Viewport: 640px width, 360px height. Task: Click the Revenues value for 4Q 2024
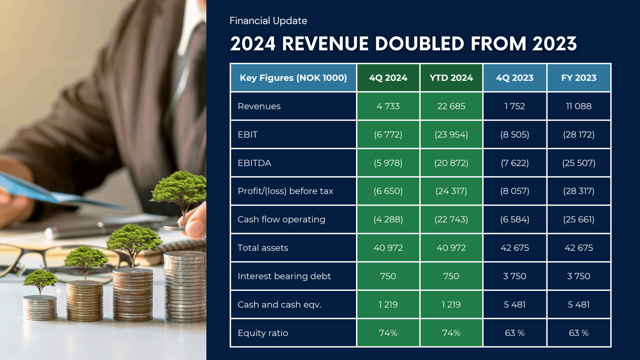coord(388,106)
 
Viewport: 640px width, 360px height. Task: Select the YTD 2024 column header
coord(451,78)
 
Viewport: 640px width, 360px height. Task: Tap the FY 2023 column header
coord(578,78)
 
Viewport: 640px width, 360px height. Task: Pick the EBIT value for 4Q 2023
coord(514,135)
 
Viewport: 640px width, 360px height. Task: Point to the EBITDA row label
coord(254,163)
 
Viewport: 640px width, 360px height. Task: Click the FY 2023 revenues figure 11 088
coord(578,106)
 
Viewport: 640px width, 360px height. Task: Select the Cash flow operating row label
coord(281,220)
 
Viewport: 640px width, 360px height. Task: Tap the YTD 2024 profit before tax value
coord(451,191)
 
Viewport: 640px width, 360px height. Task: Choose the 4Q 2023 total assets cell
coord(514,248)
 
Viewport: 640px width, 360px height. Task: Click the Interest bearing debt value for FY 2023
coord(578,276)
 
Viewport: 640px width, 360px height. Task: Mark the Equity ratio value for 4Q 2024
coord(388,333)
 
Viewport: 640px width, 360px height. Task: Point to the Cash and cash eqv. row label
coord(279,305)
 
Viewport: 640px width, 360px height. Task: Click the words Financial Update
coord(268,21)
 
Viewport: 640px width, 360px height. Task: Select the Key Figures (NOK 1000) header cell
coord(293,78)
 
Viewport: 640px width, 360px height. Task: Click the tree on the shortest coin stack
coord(40,280)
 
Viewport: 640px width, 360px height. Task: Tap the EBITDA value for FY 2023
coord(578,163)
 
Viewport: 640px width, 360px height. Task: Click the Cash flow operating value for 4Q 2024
coord(388,220)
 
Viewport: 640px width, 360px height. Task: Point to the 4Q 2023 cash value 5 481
coord(514,305)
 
